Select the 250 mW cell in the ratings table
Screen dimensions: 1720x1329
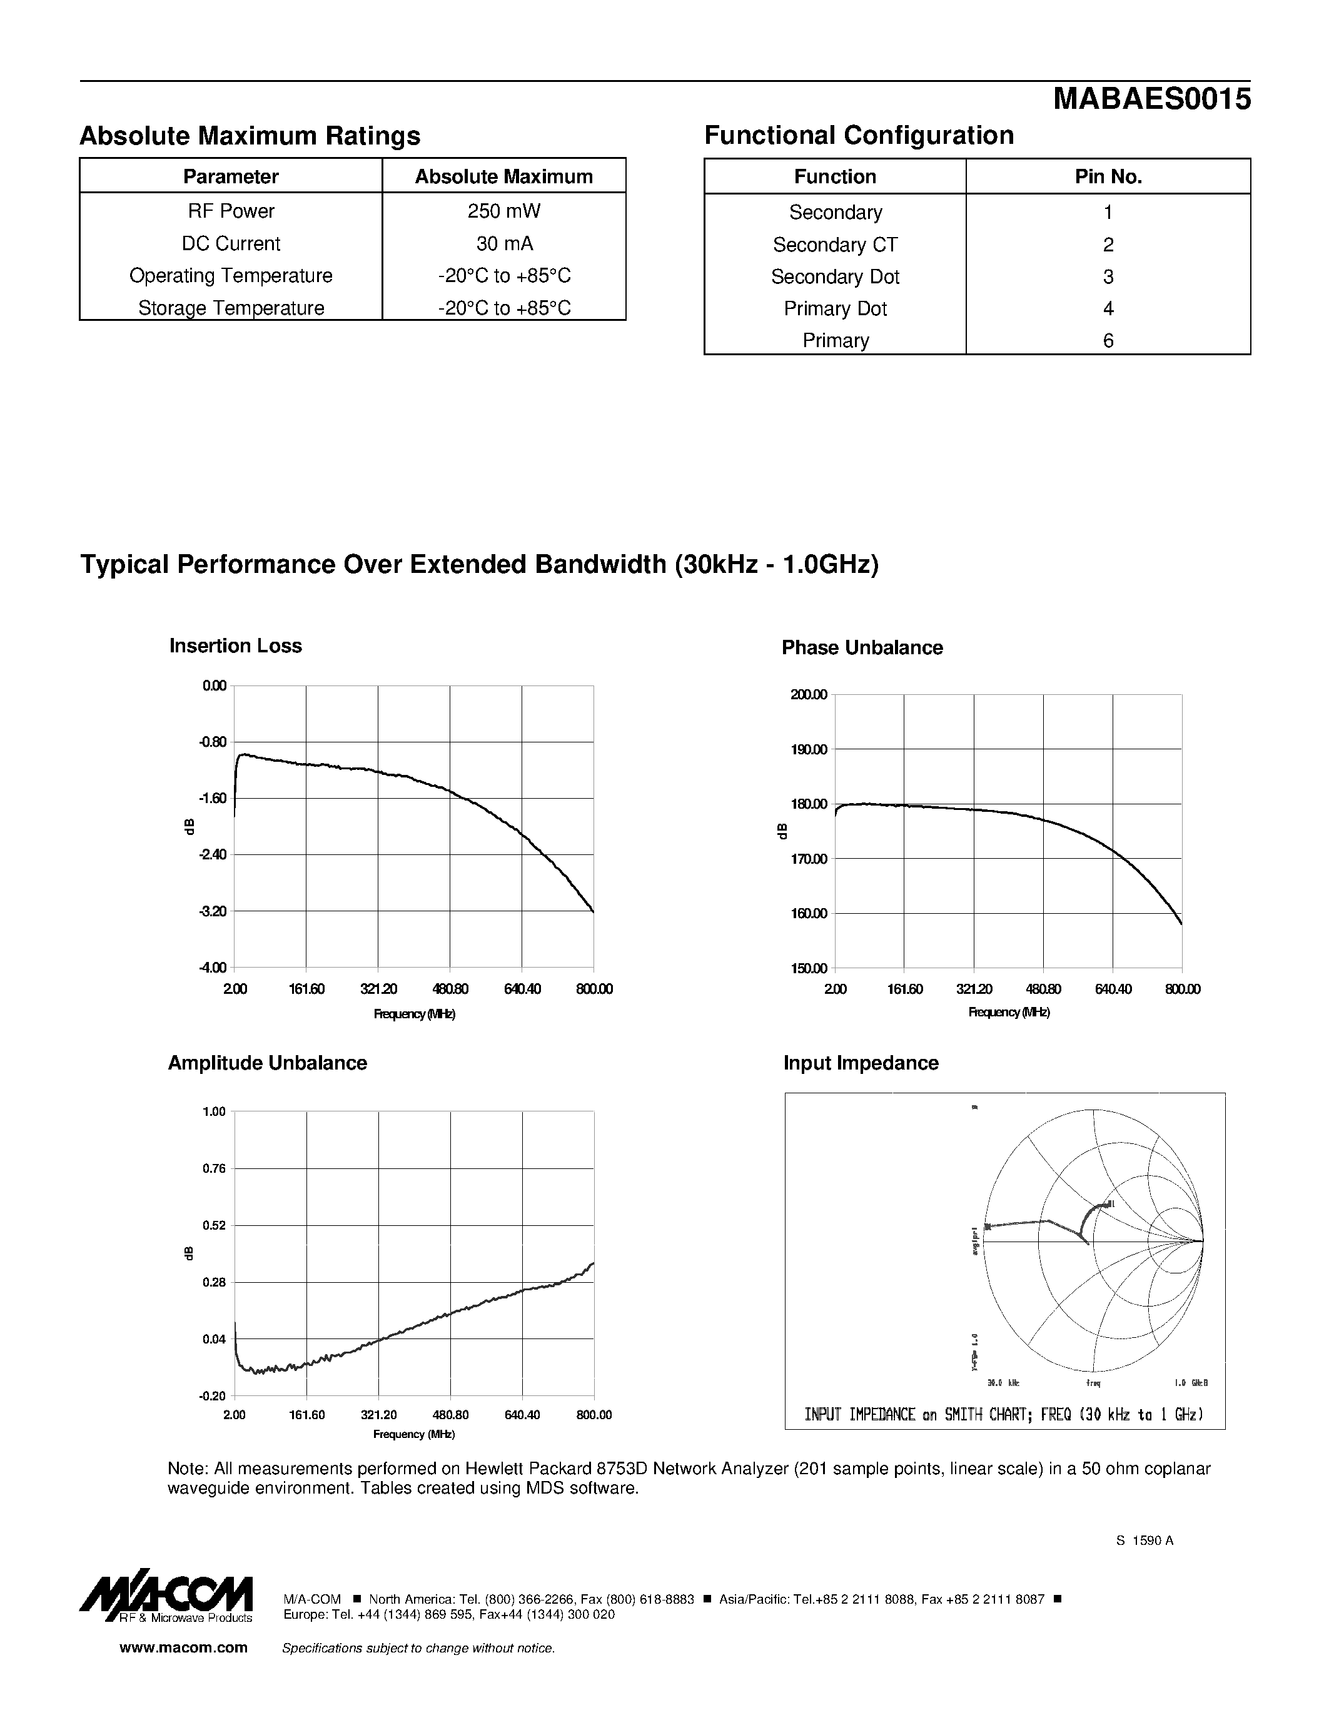coord(504,211)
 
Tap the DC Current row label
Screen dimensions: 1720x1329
coord(231,243)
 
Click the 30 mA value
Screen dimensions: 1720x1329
coord(504,243)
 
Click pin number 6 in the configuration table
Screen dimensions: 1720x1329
coord(1108,340)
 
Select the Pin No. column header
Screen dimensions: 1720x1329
coord(1108,176)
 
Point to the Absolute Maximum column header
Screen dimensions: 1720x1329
coord(504,176)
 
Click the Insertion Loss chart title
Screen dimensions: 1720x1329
coord(235,646)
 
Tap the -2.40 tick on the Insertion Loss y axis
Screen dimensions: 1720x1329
coord(214,854)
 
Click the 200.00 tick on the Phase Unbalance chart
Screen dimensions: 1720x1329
coord(809,695)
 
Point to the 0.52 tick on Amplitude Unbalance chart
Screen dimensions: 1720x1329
coord(214,1225)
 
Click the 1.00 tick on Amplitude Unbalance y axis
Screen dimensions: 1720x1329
coord(214,1111)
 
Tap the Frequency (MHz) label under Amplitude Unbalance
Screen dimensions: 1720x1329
coord(414,1434)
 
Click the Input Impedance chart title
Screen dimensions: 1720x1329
coord(861,1063)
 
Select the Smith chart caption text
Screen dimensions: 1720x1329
coord(1004,1414)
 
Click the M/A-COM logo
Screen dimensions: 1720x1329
coord(166,1599)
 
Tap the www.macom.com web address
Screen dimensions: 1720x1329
coord(183,1647)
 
